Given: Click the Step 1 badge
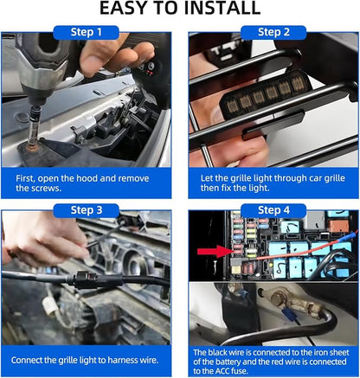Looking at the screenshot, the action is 86,32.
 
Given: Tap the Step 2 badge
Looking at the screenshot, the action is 273,32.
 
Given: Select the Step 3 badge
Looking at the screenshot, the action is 86,210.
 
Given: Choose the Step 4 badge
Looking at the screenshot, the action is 273,210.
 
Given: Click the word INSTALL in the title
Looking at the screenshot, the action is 222,8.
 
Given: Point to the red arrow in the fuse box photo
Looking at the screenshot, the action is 215,252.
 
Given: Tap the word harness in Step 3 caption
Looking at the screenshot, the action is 117,360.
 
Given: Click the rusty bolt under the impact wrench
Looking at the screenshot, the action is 33,145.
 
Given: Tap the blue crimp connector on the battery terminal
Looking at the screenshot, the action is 291,315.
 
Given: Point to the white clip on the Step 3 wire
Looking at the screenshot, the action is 48,306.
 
